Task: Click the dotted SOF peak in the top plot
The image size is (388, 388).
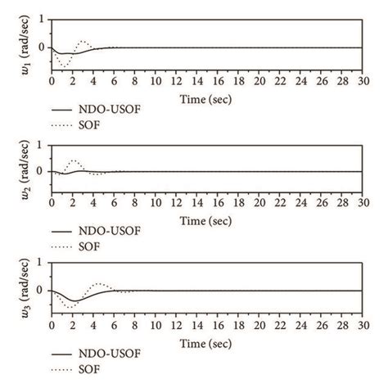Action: click(83, 41)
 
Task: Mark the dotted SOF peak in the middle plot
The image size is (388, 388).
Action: click(74, 160)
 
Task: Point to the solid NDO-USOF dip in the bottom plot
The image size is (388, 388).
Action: click(72, 300)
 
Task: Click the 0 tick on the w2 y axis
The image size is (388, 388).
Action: click(42, 171)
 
